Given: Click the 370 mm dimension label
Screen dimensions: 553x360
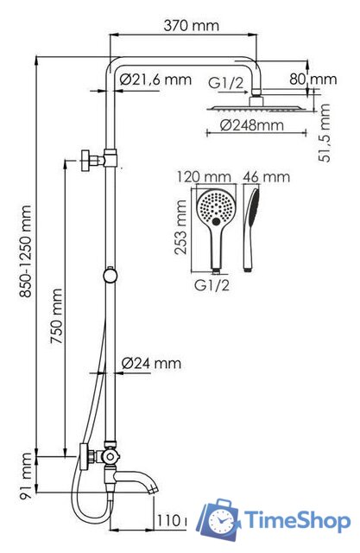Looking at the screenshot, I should pos(193,26).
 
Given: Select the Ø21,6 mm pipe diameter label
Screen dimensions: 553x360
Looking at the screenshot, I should pos(155,79).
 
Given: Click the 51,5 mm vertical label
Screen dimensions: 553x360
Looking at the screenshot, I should pos(325,129).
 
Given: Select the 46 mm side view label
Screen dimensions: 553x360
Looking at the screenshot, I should pos(267,177).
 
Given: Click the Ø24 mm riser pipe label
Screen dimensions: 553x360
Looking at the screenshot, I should pos(152,364).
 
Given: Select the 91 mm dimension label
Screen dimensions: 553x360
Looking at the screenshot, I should pos(26,476).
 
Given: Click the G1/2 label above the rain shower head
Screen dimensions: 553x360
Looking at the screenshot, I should pos(226,84).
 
